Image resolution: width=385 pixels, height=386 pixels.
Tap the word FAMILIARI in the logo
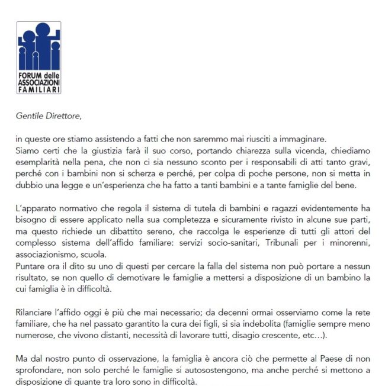[x=38, y=90]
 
